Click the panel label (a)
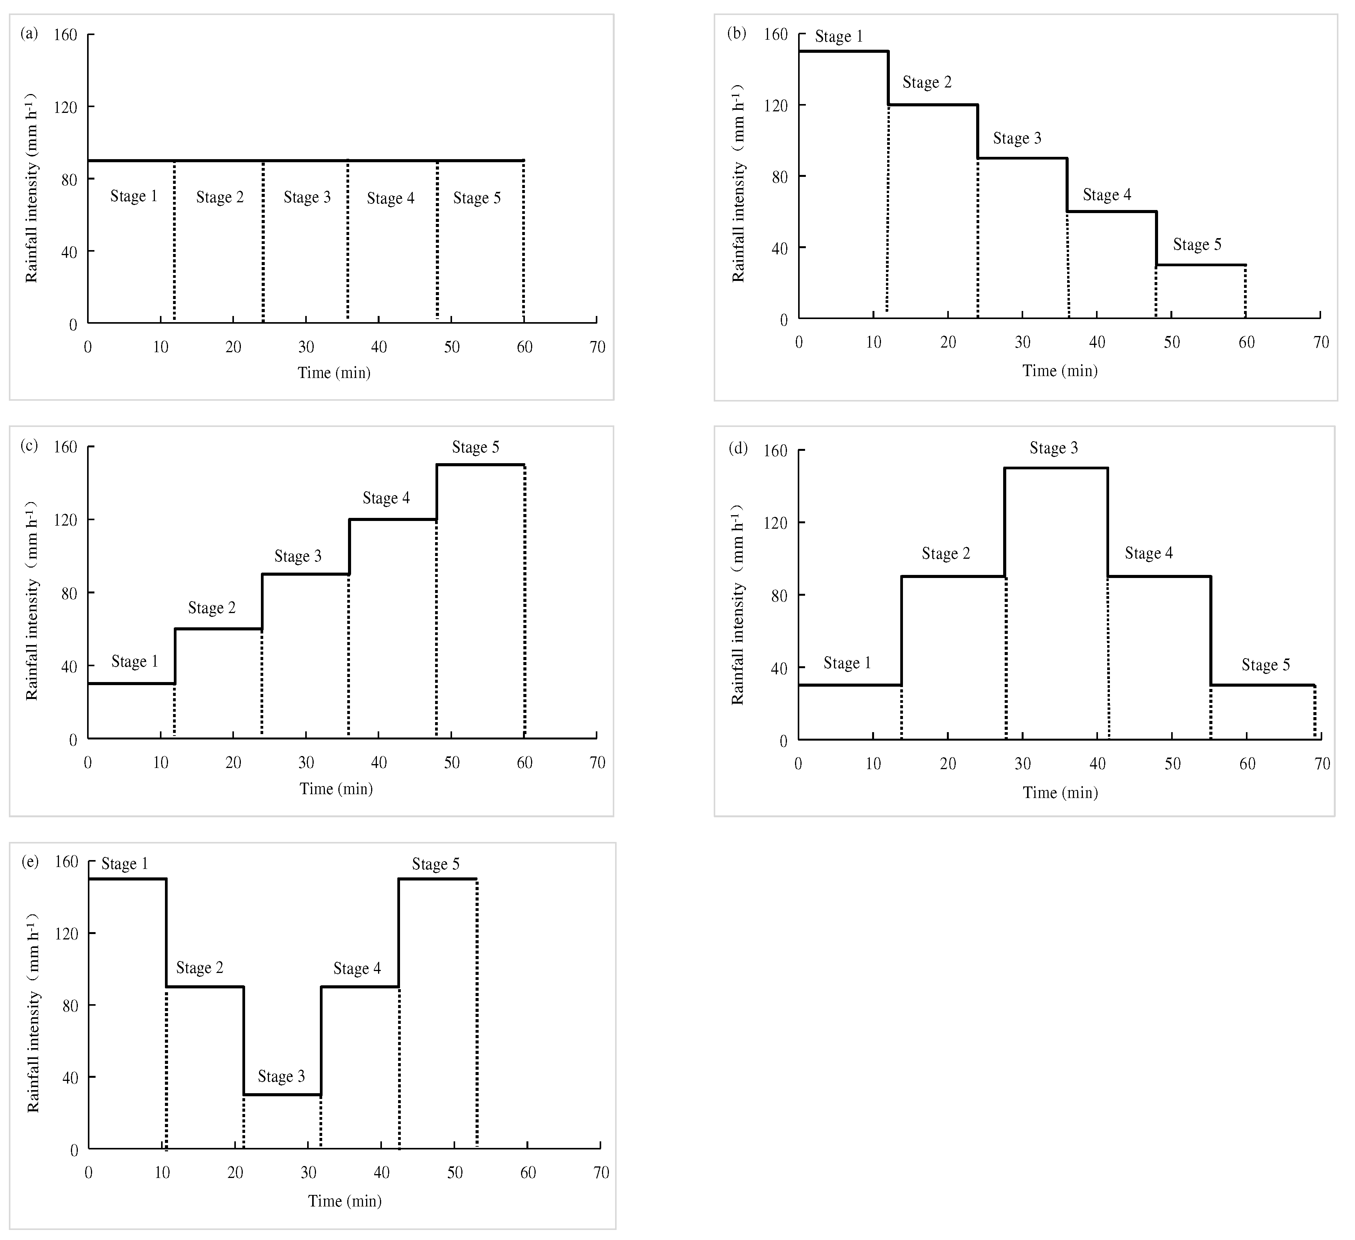coord(29,34)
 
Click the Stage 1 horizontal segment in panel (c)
coord(131,684)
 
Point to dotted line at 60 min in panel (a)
coord(524,242)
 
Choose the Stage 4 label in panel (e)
coord(357,968)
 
